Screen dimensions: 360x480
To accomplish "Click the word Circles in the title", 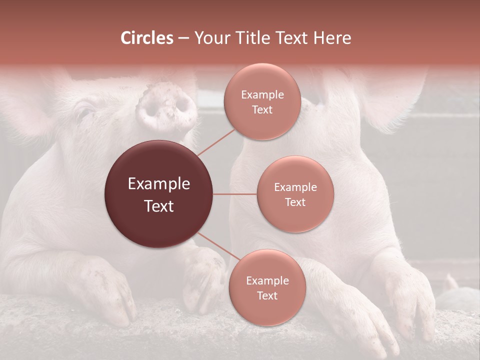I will (147, 38).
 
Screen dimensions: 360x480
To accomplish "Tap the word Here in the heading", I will (332, 38).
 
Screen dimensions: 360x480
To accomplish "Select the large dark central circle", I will (159, 194).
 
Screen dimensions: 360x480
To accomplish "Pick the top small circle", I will (262, 101).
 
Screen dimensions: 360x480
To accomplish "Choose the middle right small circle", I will (295, 194).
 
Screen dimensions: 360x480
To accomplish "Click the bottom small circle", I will (267, 287).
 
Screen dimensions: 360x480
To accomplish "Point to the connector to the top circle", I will (216, 142).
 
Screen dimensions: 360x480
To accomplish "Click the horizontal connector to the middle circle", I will (235, 194).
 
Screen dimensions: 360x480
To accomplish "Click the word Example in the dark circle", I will (159, 184).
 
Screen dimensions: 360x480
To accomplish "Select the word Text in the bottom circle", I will (267, 295).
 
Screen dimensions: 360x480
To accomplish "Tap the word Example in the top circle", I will (262, 94).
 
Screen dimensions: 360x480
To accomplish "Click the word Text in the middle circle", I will (295, 202).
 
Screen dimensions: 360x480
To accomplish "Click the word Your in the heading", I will (209, 38).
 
